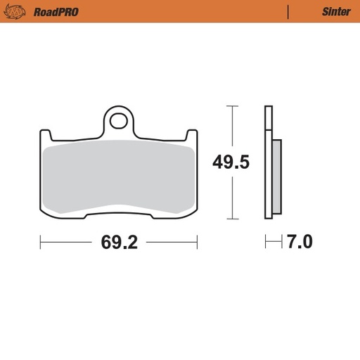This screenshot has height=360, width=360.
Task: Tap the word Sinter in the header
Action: point(336,11)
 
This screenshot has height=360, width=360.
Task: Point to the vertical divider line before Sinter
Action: point(288,11)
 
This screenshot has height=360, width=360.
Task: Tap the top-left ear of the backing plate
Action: point(45,136)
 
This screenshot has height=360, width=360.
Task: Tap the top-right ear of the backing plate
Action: point(192,136)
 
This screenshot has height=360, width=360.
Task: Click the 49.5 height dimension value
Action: point(231,163)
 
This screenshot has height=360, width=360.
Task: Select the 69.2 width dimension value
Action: point(118,243)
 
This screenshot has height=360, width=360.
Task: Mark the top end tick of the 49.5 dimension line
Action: point(231,106)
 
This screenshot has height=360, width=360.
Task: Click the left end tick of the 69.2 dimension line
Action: point(41,243)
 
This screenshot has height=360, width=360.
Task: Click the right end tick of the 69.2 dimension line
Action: point(197,243)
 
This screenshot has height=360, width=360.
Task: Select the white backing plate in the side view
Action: point(268,162)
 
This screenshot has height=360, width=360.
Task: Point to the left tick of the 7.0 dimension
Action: point(266,243)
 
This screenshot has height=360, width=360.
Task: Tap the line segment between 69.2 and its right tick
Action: point(170,243)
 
